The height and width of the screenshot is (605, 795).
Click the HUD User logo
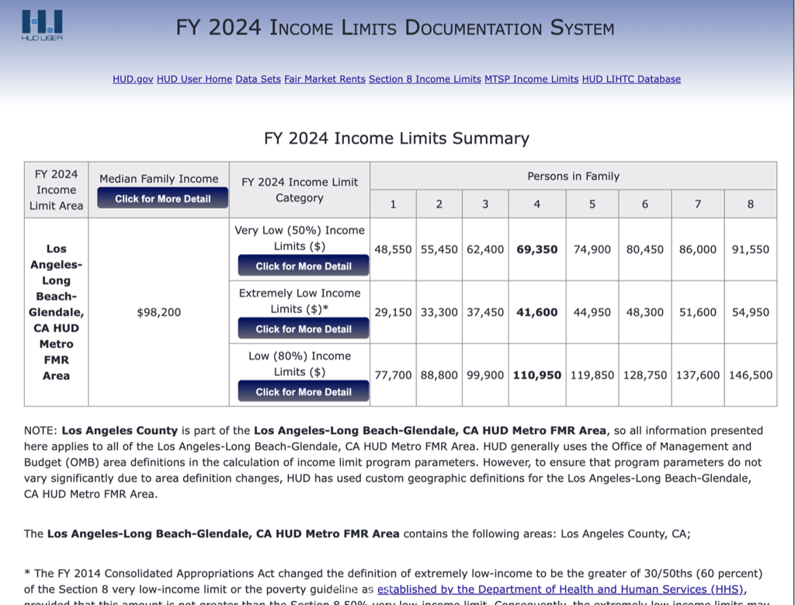[43, 26]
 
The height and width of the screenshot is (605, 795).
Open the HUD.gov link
[133, 79]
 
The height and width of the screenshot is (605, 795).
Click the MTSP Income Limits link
[531, 79]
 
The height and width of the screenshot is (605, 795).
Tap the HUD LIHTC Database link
[631, 79]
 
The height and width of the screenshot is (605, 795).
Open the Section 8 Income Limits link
[425, 79]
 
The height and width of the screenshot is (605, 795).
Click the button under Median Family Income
[163, 199]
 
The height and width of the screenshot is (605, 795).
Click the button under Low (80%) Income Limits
[304, 392]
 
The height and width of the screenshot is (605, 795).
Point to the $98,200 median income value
[158, 312]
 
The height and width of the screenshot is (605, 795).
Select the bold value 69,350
[537, 249]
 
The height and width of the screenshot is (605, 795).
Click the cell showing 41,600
[537, 312]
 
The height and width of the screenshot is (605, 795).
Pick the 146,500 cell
[751, 375]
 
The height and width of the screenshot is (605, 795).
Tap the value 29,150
[393, 312]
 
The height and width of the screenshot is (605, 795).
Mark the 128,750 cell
[645, 375]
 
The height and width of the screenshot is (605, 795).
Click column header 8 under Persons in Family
[751, 204]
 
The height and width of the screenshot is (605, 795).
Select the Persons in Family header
[573, 176]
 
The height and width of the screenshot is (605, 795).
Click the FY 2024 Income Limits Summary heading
[397, 138]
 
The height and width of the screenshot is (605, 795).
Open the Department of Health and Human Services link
[560, 589]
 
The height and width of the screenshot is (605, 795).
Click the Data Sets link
[258, 79]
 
